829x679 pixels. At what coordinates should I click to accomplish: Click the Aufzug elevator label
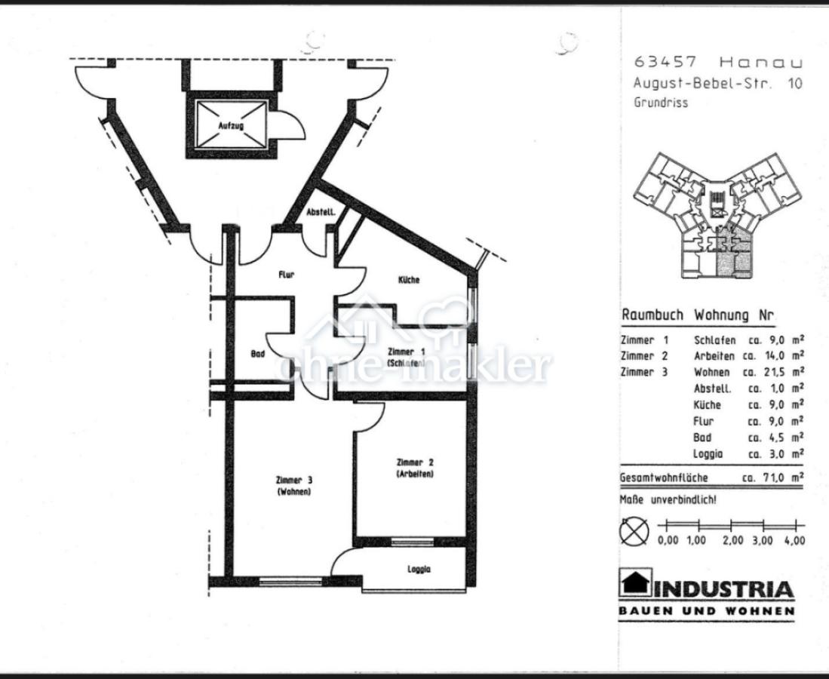[x=231, y=126]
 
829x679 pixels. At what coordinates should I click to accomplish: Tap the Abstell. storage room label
[x=321, y=212]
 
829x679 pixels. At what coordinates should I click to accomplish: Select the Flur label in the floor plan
[x=287, y=275]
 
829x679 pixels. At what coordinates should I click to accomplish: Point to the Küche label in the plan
[x=409, y=279]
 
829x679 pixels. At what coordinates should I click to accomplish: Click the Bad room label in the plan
[x=257, y=353]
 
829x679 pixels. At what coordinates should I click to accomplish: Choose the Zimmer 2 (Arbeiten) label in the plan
[x=415, y=468]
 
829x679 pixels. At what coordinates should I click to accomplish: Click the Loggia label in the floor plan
[x=419, y=569]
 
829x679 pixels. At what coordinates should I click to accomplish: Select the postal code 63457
[x=665, y=62]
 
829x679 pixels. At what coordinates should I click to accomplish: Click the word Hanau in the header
[x=761, y=63]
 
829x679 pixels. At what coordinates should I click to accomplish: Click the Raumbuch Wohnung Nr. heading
[x=697, y=315]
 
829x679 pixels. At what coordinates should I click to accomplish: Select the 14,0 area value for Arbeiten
[x=772, y=356]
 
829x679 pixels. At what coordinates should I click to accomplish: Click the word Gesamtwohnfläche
[x=664, y=478]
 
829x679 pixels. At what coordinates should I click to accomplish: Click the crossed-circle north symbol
[x=634, y=531]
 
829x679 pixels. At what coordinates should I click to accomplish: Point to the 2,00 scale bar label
[x=732, y=540]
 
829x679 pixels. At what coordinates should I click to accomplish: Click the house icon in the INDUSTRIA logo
[x=635, y=582]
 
